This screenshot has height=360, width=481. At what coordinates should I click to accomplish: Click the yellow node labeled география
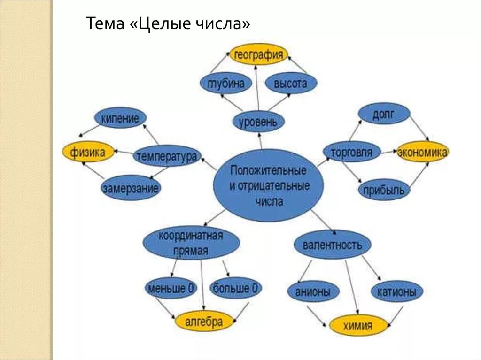point(258,54)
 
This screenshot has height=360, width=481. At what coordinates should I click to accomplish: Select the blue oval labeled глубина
point(225,84)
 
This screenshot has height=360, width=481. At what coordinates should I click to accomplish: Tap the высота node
point(291,84)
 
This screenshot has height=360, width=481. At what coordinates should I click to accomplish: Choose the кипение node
point(120,118)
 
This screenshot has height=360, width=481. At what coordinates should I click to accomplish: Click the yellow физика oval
point(88,152)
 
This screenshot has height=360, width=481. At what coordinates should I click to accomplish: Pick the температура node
point(167,156)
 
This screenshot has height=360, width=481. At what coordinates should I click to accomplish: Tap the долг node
point(384,114)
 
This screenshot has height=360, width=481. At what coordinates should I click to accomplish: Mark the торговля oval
point(352,152)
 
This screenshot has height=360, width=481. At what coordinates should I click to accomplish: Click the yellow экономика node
point(422,152)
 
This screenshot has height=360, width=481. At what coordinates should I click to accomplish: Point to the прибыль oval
point(384,190)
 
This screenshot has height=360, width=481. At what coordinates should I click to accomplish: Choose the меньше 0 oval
point(171,288)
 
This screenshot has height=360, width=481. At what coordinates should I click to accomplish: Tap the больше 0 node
point(235,288)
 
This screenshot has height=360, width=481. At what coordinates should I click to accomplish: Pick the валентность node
point(332,245)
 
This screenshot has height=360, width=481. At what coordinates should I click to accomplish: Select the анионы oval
point(313,292)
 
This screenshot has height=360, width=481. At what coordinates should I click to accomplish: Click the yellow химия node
point(358,325)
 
